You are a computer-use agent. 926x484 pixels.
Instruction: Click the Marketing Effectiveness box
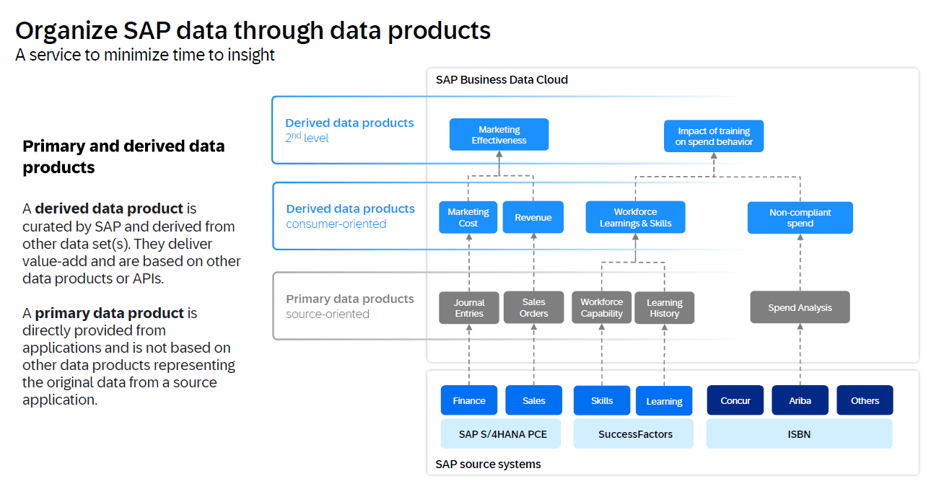(499, 135)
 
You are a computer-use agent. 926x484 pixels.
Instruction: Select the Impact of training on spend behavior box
(713, 136)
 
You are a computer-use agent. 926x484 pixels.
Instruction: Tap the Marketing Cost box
(468, 217)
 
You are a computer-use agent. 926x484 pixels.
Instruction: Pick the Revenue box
(533, 217)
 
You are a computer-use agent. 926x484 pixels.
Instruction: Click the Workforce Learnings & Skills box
(635, 217)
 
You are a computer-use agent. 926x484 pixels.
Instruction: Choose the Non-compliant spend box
(800, 218)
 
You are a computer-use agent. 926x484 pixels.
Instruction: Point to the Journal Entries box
(469, 308)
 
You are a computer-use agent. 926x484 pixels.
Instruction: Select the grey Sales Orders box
(533, 307)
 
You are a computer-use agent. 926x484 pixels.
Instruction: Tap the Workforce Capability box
(601, 307)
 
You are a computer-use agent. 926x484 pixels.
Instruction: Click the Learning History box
(664, 308)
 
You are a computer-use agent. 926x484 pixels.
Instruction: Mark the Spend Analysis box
(800, 307)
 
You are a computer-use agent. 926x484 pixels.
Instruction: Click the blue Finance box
(469, 400)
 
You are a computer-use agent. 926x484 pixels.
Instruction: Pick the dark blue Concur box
(735, 400)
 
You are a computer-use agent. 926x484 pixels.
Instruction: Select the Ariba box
(800, 400)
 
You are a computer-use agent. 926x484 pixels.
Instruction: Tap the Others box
(865, 400)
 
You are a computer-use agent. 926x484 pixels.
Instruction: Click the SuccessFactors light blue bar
(635, 434)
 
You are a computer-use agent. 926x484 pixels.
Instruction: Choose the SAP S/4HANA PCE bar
(502, 434)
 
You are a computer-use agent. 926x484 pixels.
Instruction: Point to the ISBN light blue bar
(799, 434)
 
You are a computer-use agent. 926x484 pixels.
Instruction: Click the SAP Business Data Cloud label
(502, 79)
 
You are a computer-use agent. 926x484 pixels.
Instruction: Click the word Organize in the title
(65, 30)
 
